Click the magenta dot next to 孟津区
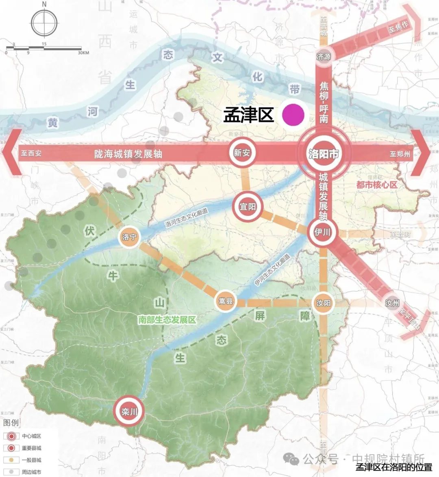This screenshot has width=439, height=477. tap(293, 115)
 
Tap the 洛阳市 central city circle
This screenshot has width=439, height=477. tap(324, 154)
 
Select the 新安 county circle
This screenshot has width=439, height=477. tap(242, 153)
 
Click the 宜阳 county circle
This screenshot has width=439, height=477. tap(248, 207)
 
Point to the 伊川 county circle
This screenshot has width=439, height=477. tap(322, 232)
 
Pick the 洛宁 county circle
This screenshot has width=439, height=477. tap(129, 237)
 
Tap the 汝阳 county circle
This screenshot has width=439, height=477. tap(324, 303)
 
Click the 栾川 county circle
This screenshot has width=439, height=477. tap(129, 412)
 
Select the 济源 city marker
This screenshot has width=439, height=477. tap(324, 57)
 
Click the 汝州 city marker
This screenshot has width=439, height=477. tap(392, 303)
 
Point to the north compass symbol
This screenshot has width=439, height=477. tap(44, 22)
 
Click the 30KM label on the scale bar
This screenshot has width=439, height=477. tap(83, 53)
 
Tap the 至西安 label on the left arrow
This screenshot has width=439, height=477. tap(31, 154)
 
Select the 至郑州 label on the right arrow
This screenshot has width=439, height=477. tap(400, 154)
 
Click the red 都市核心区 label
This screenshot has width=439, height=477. tap(376, 185)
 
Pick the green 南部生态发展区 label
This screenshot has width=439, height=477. tap(167, 320)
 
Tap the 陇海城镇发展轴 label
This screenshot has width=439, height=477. tap(128, 154)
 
